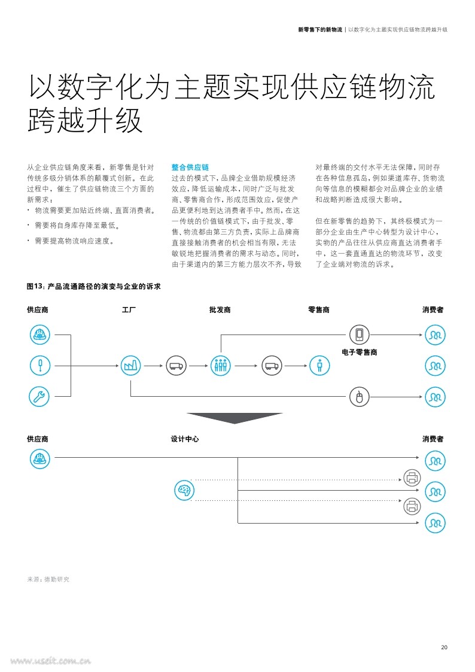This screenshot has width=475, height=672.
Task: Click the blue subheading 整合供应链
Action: pyautogui.click(x=190, y=167)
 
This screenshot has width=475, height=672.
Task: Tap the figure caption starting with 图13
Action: pyautogui.click(x=94, y=286)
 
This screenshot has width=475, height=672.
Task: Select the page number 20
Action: pyautogui.click(x=444, y=647)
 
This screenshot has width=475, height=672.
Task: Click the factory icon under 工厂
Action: pyautogui.click(x=130, y=366)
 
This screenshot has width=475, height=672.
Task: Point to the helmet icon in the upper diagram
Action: pyautogui.click(x=40, y=335)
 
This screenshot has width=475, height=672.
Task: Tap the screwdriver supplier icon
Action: pyautogui.click(x=40, y=366)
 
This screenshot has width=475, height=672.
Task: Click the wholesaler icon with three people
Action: pyautogui.click(x=221, y=366)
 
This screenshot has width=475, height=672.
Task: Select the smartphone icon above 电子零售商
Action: pyautogui.click(x=359, y=335)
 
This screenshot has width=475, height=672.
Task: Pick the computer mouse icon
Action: pyautogui.click(x=359, y=397)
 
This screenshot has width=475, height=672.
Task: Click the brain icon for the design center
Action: pyautogui.click(x=185, y=490)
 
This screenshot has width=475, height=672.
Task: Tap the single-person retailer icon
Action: pyautogui.click(x=319, y=366)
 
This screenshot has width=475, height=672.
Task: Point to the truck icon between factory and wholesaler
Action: pyautogui.click(x=176, y=366)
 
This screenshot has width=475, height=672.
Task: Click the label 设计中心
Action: pyautogui.click(x=185, y=439)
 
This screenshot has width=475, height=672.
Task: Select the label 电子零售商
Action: pyautogui.click(x=360, y=352)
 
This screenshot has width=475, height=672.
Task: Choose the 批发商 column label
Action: pyautogui.click(x=220, y=310)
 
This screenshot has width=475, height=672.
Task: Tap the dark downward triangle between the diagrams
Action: pyautogui.click(x=235, y=418)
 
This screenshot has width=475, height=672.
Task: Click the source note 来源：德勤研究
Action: pyautogui.click(x=48, y=579)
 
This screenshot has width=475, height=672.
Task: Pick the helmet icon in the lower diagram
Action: pyautogui.click(x=40, y=458)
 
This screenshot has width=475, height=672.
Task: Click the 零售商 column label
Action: pyautogui.click(x=319, y=310)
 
